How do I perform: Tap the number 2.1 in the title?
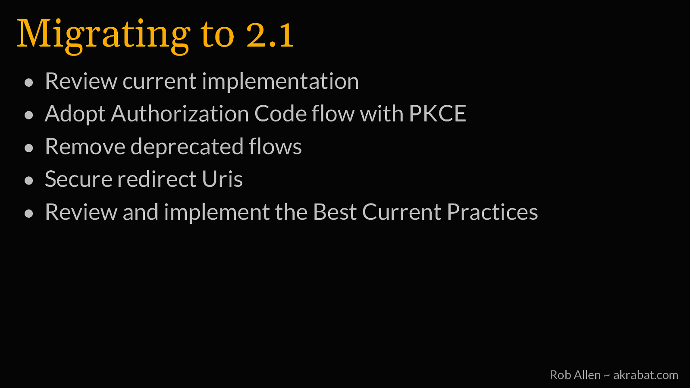coord(270,34)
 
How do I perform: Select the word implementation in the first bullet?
coord(280,81)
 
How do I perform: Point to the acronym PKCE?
coord(437,114)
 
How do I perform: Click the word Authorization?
coord(180,114)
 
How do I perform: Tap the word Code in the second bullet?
coord(280,114)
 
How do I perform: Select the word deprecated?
coord(187,147)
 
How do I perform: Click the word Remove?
coord(85,147)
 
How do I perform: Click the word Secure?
coord(78,179)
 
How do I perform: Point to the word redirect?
coord(157,179)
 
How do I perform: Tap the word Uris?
coord(222,179)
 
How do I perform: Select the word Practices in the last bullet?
coord(492,212)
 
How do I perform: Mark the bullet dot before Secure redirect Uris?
coord(28,181)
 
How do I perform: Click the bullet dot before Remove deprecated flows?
coord(28,148)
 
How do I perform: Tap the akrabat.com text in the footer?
coord(646,375)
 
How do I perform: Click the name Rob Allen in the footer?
coord(575,375)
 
